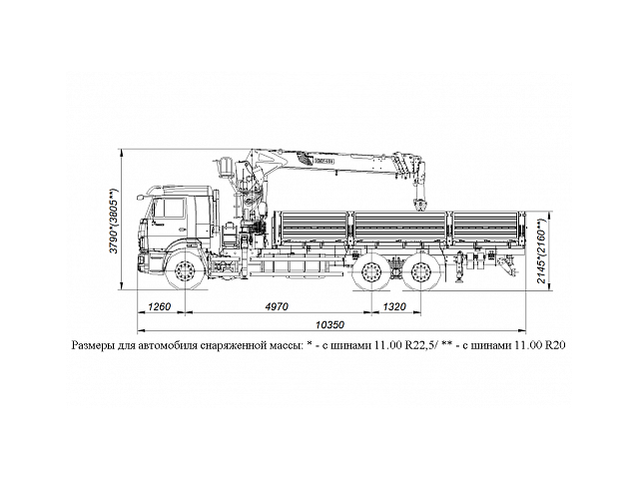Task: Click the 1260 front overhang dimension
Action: tap(160, 306)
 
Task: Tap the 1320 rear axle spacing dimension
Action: tap(394, 306)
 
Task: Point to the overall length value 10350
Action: tap(330, 325)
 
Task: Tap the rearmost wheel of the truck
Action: tap(415, 272)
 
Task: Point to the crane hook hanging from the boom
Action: tap(417, 205)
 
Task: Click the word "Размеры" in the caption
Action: tap(95, 344)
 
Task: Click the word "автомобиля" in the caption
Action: tap(167, 344)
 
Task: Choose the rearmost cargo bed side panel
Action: tap(485, 228)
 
